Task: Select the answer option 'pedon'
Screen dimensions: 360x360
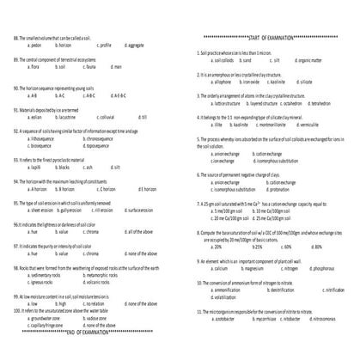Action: point(37,45)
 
